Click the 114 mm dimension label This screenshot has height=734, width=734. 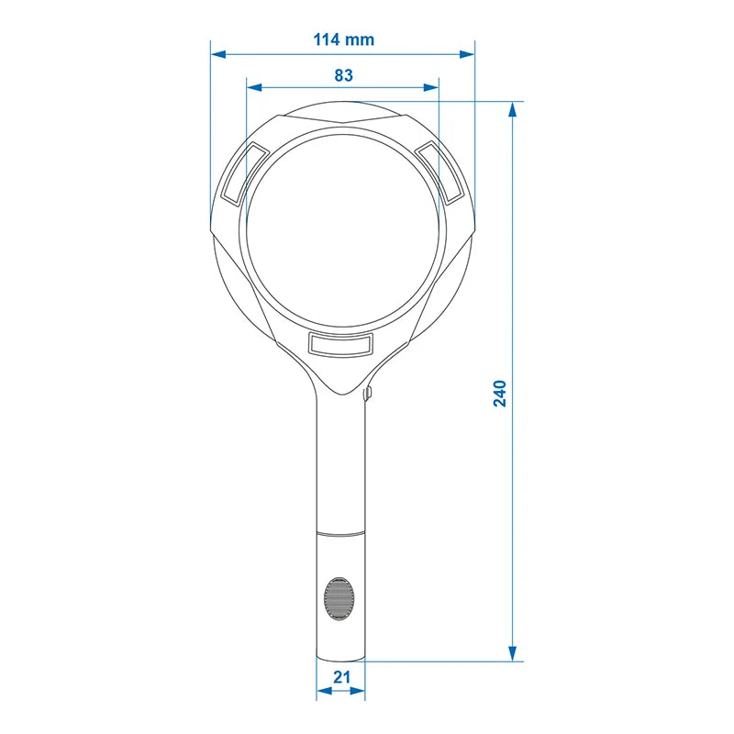(x=343, y=39)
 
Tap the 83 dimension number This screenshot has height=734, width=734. (x=343, y=75)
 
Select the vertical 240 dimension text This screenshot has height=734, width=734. (x=500, y=393)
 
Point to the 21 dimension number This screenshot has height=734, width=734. (x=341, y=677)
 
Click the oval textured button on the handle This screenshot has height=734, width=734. (x=340, y=598)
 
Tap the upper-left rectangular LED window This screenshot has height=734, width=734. (x=243, y=172)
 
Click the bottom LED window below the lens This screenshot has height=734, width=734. (x=341, y=344)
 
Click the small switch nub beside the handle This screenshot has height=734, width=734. (x=368, y=395)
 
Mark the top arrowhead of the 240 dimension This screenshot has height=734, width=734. (x=512, y=108)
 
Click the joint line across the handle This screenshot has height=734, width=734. (x=341, y=531)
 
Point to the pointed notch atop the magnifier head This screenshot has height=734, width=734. (x=343, y=122)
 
